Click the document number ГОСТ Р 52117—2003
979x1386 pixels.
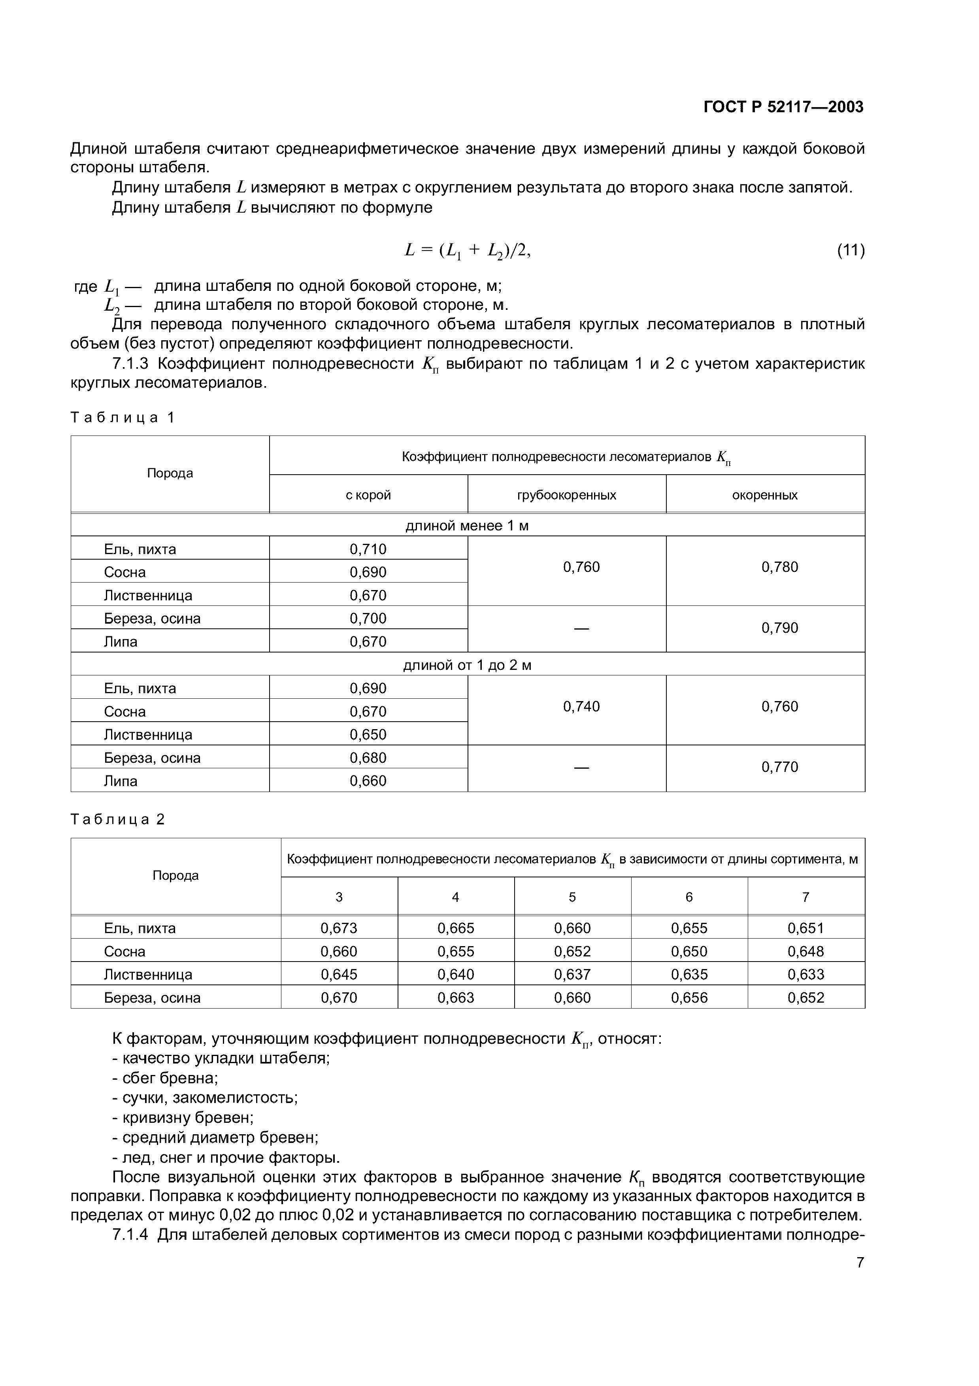(x=783, y=107)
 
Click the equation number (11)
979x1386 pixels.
(x=850, y=250)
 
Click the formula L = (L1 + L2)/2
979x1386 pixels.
(x=467, y=250)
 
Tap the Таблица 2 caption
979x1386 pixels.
(x=118, y=819)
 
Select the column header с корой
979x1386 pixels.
(x=368, y=495)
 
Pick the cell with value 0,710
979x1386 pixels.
(x=368, y=549)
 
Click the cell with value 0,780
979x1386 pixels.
(x=779, y=567)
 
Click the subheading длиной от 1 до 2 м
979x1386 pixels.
(x=467, y=665)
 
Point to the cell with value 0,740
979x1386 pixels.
(x=581, y=706)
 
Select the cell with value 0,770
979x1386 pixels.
(x=779, y=767)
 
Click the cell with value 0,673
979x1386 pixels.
(x=339, y=928)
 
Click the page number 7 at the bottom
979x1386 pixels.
(x=860, y=1279)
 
